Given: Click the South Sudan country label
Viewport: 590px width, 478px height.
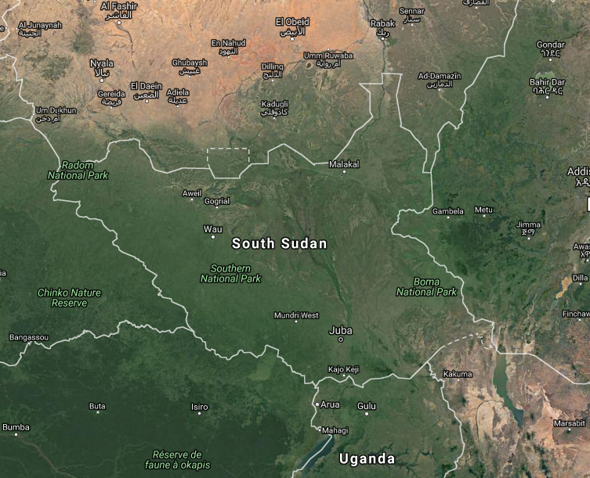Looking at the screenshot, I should (280, 243).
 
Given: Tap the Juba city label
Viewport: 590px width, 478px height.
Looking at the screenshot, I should (341, 329).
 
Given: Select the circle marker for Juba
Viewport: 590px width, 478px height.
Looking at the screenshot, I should (341, 340).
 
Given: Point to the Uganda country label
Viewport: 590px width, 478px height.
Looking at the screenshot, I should (366, 458).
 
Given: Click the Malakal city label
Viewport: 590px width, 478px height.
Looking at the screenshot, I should (344, 164).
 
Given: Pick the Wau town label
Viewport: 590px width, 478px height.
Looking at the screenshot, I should (212, 229).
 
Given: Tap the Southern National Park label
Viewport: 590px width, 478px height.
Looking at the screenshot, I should (230, 273).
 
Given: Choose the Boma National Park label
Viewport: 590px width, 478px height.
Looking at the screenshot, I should (426, 287).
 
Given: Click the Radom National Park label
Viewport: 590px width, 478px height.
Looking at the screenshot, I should (78, 170).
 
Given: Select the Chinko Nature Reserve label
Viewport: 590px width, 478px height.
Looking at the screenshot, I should (69, 297).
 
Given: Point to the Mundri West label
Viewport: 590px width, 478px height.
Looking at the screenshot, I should (296, 315).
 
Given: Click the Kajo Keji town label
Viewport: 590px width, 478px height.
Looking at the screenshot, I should (343, 368).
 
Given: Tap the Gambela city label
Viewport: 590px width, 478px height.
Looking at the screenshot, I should (448, 211).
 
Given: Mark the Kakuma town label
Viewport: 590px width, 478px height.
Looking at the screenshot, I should (458, 374).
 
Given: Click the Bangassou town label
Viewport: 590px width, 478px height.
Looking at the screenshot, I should (28, 337).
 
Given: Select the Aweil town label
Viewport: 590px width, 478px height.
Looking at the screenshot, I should (192, 192).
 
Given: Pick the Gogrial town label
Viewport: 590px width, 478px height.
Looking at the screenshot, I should (217, 201).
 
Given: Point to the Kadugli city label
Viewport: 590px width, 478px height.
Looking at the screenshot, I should (275, 104).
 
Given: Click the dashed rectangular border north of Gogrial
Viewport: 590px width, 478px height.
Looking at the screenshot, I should (228, 148).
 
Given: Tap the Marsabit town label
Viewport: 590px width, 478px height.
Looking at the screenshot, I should (569, 423).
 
